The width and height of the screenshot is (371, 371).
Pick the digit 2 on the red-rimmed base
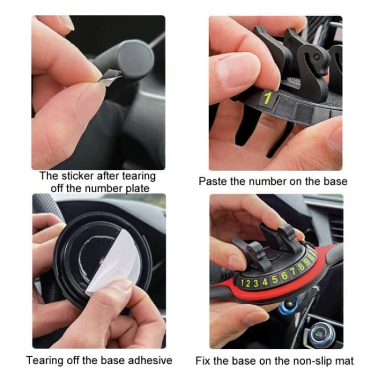click(249, 283)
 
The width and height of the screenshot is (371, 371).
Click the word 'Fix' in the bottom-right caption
click(204, 360)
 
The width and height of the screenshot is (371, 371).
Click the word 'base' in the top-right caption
click(335, 181)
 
